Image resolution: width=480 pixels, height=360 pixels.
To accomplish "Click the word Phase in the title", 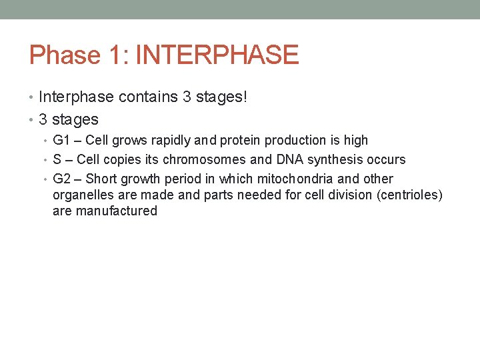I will point(64,55).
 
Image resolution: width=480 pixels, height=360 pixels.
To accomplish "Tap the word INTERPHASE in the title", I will point(217,55).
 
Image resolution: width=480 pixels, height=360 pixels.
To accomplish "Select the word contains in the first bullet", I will point(148,97).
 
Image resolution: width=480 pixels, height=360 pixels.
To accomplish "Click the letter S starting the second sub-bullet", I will point(57,160).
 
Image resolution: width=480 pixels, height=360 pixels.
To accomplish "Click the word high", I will point(355,141).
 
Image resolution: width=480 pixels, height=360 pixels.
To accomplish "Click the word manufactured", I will point(117,211).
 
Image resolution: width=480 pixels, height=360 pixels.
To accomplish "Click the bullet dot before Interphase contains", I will point(32,98).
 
